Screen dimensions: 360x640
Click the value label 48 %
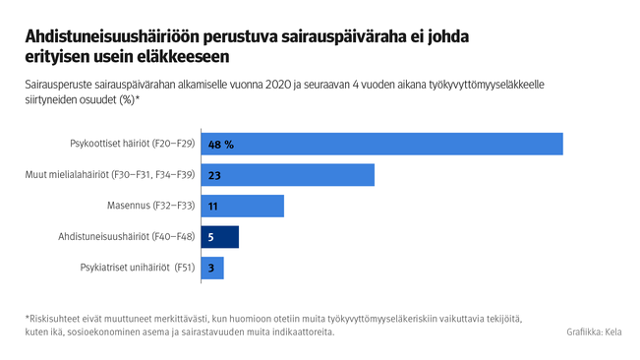220,144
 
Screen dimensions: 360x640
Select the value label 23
214,175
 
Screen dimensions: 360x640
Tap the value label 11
213,206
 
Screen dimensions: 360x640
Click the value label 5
211,237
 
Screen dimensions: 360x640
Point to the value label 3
211,268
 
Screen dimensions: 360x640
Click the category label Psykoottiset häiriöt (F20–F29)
132,144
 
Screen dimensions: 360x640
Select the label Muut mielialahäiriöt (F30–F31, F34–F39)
109,175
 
